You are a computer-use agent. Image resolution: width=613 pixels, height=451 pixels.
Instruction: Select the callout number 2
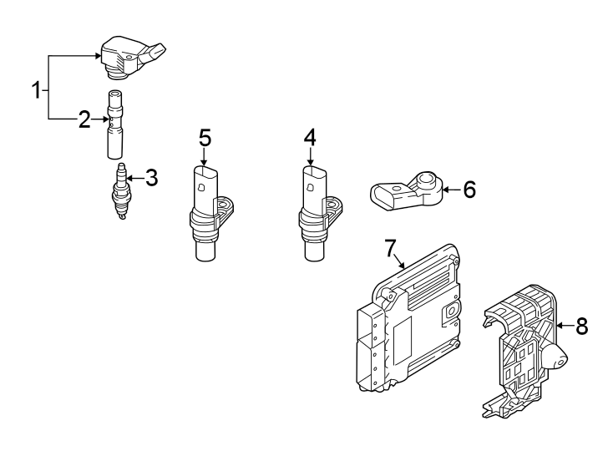84,120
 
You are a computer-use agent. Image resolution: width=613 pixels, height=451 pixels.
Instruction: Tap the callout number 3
150,177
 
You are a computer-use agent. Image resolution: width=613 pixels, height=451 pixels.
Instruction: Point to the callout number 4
309,137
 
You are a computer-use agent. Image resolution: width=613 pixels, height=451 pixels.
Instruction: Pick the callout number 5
205,137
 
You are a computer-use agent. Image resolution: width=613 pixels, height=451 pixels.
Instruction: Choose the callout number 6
469,190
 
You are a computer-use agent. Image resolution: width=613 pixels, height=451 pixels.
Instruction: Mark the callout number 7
389,247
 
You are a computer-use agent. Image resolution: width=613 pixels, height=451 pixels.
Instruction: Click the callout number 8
581,327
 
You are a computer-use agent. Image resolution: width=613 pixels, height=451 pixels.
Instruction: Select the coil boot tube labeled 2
115,125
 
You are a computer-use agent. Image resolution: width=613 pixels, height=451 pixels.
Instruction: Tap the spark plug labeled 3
121,192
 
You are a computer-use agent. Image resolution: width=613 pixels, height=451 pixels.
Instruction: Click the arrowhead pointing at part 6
445,190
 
